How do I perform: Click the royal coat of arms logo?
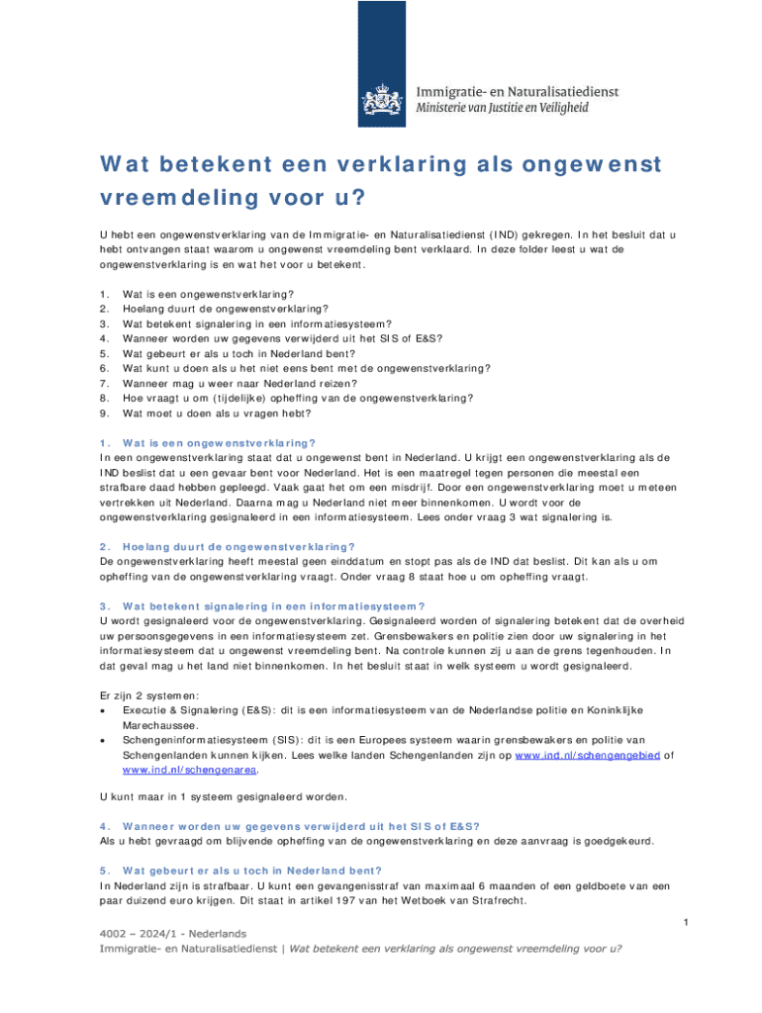coord(381,97)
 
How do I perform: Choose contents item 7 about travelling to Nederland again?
coord(239,382)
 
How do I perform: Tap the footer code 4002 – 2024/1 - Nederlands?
coord(174,933)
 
